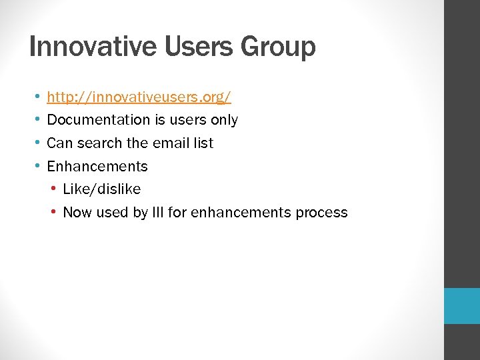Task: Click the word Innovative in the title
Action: click(84, 47)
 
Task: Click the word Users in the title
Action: click(189, 47)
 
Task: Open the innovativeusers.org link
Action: click(139, 97)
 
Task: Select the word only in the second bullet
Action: click(223, 120)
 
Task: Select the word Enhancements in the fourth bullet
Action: click(97, 167)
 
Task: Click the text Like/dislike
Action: click(102, 189)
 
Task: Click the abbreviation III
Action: click(178, 213)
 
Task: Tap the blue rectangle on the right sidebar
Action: click(462, 306)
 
